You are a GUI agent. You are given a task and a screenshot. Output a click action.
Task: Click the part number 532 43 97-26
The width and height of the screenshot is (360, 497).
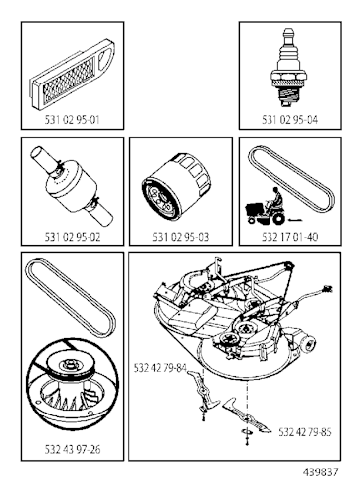pos(73,449)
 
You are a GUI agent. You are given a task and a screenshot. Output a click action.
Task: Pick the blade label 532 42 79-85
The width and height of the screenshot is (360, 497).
pos(306,433)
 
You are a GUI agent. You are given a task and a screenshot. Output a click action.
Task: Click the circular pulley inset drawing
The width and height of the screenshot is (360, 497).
pos(73,383)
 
